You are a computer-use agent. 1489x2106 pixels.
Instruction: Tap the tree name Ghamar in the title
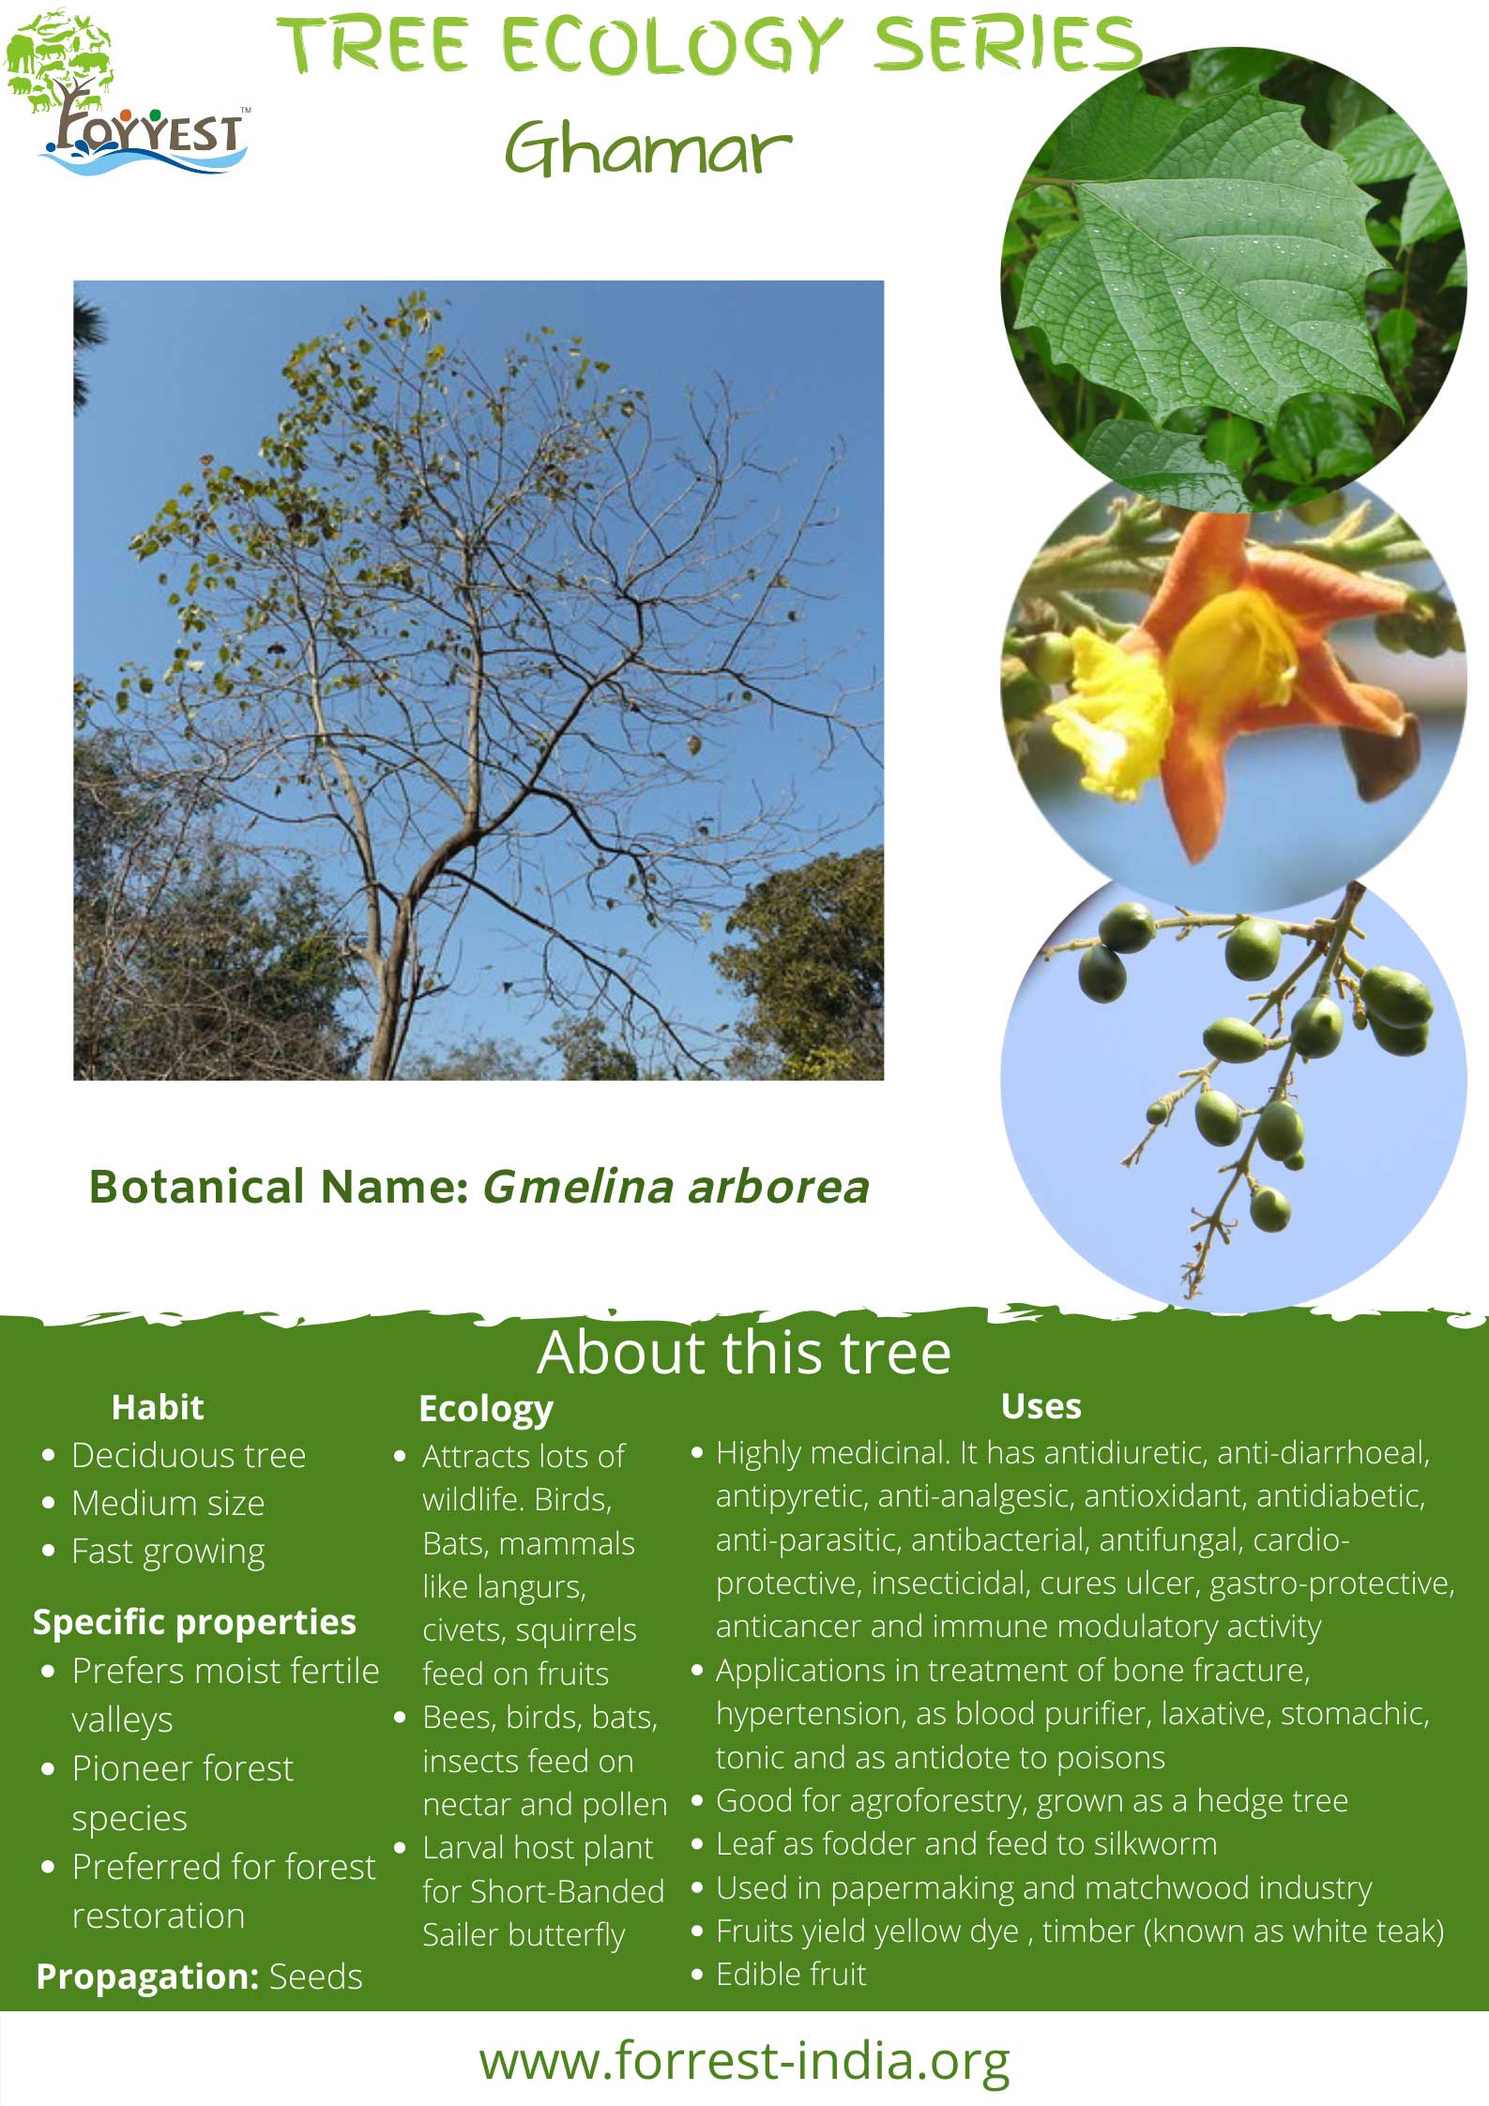click(x=648, y=149)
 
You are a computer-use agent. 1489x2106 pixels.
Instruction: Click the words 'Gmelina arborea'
click(x=676, y=1187)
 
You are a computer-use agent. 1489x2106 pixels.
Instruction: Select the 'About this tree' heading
click(x=744, y=1353)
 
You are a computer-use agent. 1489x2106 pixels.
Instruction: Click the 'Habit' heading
click(x=158, y=1407)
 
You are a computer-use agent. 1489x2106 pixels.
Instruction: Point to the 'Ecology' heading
click(x=486, y=1410)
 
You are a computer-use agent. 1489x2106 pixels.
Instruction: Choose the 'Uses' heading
click(x=1041, y=1406)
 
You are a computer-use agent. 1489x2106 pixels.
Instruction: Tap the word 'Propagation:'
click(x=147, y=1977)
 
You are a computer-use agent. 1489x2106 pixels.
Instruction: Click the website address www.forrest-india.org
click(x=744, y=2061)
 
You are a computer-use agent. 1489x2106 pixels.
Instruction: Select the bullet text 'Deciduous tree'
click(x=189, y=1456)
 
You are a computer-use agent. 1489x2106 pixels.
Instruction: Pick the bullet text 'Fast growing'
click(x=168, y=1553)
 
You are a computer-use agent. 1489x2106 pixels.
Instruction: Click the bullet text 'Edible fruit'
click(x=791, y=1974)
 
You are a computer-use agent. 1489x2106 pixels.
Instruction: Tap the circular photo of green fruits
click(x=1233, y=1088)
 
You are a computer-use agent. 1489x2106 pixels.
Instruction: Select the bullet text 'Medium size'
click(x=168, y=1504)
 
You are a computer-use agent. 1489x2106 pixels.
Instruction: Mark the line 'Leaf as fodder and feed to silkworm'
click(x=966, y=1843)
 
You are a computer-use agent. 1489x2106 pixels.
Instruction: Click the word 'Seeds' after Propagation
click(x=315, y=1977)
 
